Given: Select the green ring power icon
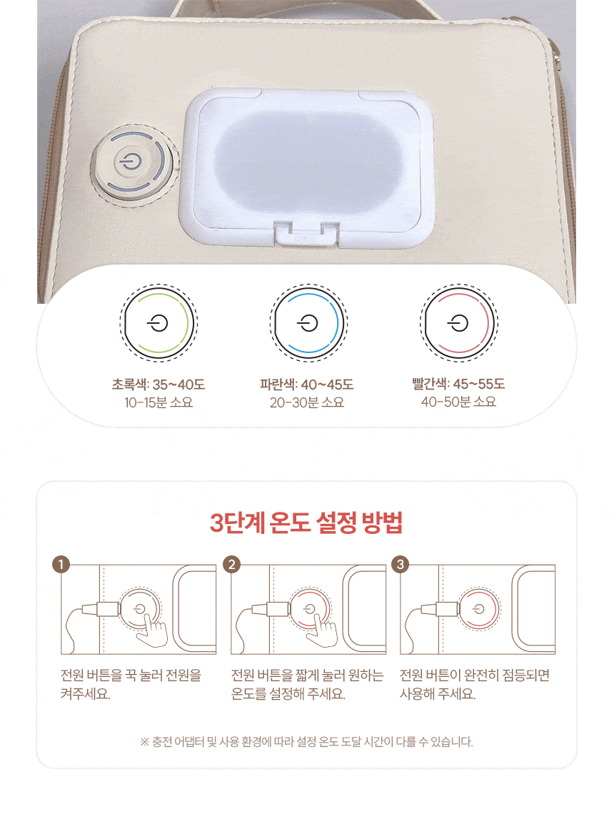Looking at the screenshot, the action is point(158,323).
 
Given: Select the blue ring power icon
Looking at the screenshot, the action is point(309,323).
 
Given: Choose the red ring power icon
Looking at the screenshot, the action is point(459,323).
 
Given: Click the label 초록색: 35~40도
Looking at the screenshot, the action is point(158,385).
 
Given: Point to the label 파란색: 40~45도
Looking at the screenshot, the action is point(307,385).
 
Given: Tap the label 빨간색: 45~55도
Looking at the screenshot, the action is point(458,385).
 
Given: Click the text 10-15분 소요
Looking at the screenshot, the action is point(158,402).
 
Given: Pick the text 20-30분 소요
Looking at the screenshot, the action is point(307,402).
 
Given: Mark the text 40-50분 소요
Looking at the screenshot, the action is point(458,402).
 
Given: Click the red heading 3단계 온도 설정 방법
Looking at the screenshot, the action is point(307,522).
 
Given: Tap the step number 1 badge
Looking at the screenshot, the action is point(61,565).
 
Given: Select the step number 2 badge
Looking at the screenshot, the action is point(231,565).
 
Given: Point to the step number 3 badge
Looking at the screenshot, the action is point(401,565).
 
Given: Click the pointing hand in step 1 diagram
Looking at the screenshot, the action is point(152,630).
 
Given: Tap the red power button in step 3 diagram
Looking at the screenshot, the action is point(479,609).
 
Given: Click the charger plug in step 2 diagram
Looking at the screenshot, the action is point(272,609).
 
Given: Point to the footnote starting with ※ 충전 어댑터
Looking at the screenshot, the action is point(307,742).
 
